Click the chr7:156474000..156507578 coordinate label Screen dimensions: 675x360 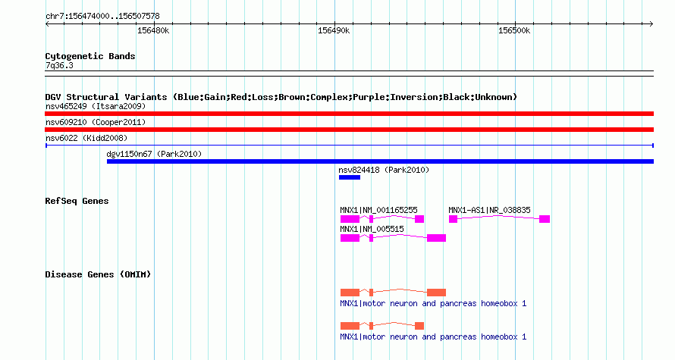[x=102, y=17]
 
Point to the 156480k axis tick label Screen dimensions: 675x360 [x=153, y=31]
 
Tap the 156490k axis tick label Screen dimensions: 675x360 [x=334, y=31]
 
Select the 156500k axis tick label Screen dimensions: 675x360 [x=514, y=31]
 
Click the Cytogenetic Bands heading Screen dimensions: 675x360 [x=90, y=56]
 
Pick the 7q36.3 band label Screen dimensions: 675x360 [x=59, y=65]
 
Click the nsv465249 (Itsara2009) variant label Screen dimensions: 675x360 [x=96, y=106]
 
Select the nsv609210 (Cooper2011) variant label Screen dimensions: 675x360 [x=96, y=122]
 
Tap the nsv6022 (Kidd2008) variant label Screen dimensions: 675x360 [x=86, y=138]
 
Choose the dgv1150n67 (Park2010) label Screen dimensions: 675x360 [x=154, y=154]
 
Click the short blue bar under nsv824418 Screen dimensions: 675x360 [x=350, y=177]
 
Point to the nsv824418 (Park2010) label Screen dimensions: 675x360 [x=384, y=170]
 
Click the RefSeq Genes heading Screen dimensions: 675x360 [x=77, y=201]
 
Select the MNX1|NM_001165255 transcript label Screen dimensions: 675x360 [x=378, y=211]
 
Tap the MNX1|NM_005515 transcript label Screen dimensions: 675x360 [x=372, y=229]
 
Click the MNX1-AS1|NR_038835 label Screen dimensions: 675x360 [x=489, y=211]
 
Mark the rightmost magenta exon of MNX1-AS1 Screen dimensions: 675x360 [x=545, y=219]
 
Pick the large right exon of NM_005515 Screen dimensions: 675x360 [x=437, y=238]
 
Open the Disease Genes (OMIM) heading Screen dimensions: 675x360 [x=98, y=274]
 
